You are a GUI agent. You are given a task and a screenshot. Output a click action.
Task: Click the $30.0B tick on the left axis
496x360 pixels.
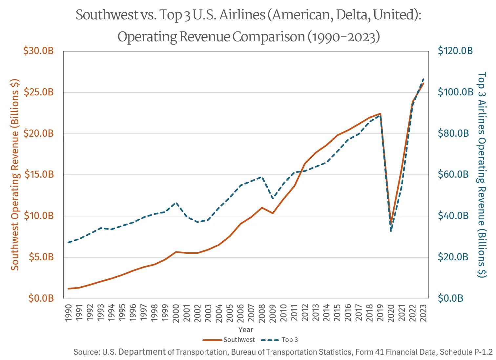tap(38, 51)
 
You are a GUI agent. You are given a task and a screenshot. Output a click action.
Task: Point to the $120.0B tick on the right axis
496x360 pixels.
tap(455, 51)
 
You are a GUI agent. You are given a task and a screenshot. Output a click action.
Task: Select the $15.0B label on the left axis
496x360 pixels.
tap(38, 174)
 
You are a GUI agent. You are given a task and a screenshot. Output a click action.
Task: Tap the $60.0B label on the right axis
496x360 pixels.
tap(453, 174)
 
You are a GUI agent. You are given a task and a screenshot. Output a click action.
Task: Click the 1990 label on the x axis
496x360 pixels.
tap(68, 313)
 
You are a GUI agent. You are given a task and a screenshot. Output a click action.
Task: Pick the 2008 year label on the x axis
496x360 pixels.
tap(262, 313)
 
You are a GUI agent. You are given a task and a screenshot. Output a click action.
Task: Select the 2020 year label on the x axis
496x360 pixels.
tap(391, 313)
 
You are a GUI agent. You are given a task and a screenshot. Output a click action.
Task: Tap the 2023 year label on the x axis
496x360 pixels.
tap(424, 313)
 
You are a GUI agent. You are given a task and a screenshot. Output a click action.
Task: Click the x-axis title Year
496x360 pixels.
tap(246, 330)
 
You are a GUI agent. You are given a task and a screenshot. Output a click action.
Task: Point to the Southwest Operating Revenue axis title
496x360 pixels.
tap(15, 174)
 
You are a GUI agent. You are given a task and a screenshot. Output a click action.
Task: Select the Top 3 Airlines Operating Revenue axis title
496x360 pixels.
tap(481, 174)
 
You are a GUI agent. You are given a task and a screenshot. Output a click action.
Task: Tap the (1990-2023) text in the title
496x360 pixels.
tap(343, 37)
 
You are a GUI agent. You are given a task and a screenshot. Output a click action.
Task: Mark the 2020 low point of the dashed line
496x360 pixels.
tap(391, 231)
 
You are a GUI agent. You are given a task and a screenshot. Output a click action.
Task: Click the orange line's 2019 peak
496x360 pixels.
tap(380, 113)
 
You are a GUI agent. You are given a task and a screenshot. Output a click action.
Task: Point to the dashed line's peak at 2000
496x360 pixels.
tap(176, 203)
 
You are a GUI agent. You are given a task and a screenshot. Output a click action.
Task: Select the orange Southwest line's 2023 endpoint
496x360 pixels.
tap(424, 83)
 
